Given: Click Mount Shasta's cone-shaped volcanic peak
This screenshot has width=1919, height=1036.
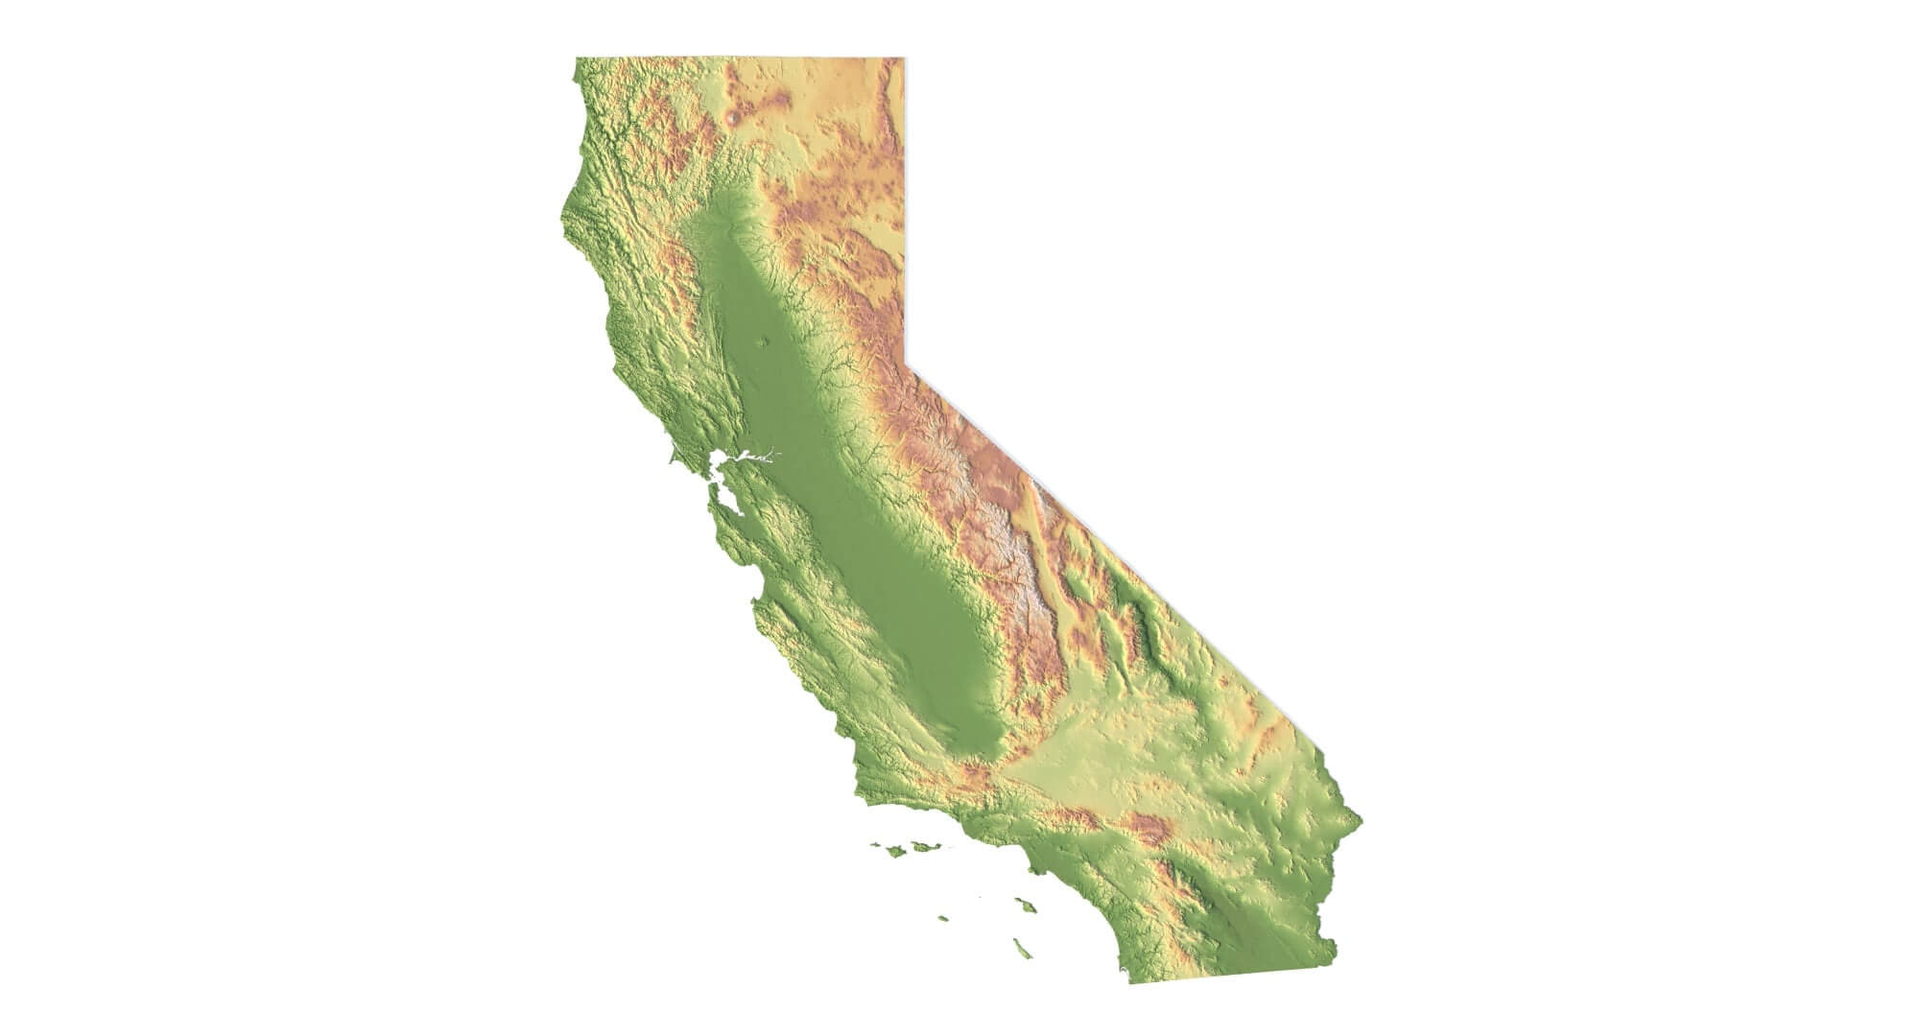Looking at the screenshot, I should tap(735, 117).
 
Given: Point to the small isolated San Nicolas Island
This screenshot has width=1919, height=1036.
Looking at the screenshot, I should tap(944, 918).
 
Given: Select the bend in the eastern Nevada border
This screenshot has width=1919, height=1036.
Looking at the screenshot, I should tap(905, 363).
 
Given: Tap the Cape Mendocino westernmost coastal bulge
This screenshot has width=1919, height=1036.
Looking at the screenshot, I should tap(561, 227).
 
